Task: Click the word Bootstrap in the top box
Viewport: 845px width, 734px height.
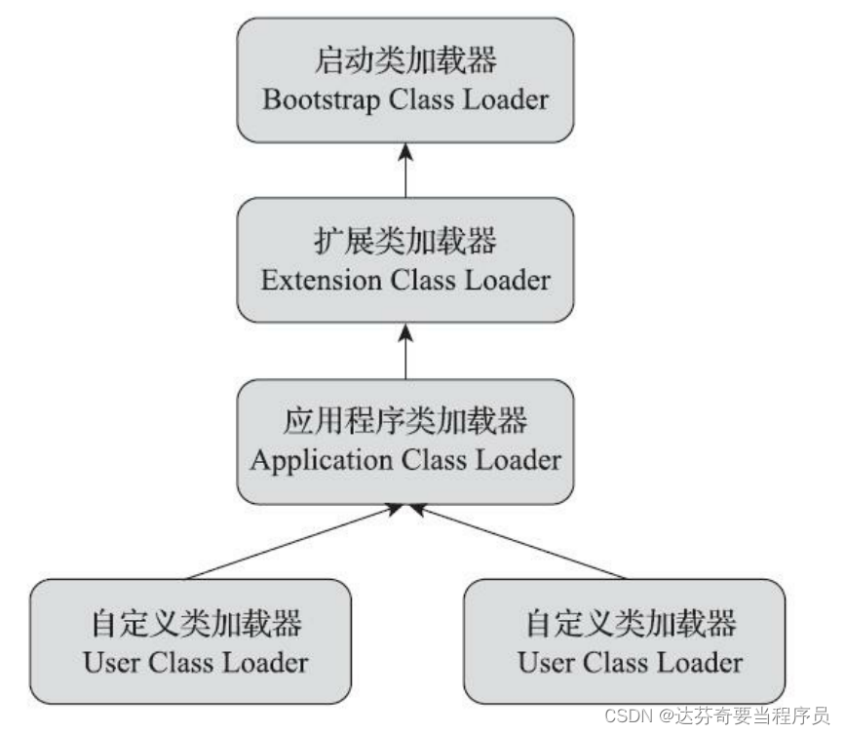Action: [310, 100]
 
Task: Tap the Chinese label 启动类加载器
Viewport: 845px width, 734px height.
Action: [405, 62]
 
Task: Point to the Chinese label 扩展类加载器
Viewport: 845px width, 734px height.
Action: [405, 243]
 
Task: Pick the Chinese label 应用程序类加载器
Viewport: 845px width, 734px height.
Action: [405, 421]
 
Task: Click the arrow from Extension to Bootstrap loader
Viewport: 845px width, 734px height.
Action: [405, 170]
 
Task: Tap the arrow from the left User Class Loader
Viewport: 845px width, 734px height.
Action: [292, 542]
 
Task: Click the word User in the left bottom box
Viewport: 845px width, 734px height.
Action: [111, 663]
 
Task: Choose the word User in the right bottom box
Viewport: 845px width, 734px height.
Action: [546, 663]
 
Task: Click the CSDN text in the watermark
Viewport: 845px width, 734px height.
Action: [629, 717]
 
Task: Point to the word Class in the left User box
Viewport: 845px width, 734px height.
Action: [183, 663]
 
